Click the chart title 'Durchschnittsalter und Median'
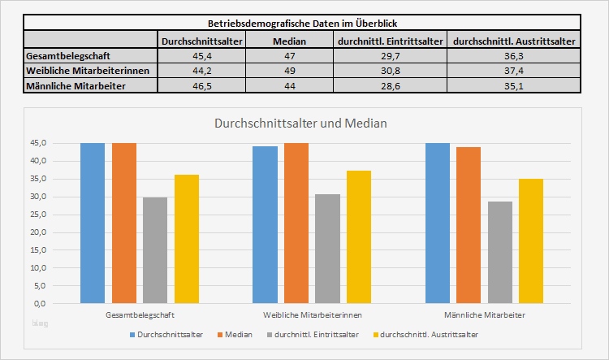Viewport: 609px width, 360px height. [300, 124]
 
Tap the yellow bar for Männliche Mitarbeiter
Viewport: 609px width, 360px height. [531, 241]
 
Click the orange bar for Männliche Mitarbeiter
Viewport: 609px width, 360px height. [469, 224]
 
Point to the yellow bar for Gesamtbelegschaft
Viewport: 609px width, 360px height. [187, 238]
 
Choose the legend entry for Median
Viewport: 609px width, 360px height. [235, 334]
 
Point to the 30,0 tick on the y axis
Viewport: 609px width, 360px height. [37, 197]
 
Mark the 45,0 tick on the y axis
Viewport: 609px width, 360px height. [37, 143]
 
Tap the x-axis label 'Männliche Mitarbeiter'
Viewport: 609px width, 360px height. [484, 314]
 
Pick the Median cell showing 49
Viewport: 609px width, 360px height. [288, 71]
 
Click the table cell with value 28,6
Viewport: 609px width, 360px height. [389, 86]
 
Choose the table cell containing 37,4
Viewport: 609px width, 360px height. [513, 71]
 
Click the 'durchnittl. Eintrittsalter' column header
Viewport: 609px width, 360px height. [389, 39]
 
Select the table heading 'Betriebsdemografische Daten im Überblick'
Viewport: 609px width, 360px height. [302, 23]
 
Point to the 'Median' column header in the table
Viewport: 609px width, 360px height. [288, 39]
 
